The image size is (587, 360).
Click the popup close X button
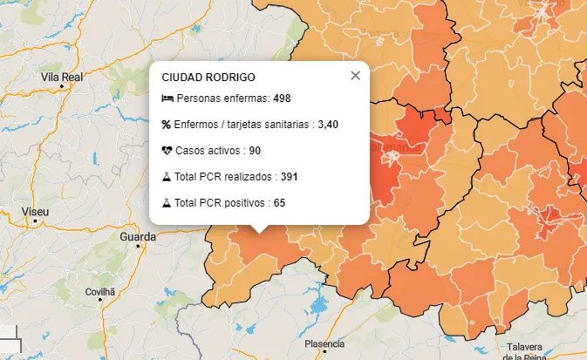click(355, 76)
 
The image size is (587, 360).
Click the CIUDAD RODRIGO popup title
click(208, 78)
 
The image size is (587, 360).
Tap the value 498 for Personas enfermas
click(282, 98)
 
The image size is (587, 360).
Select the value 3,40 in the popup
click(328, 125)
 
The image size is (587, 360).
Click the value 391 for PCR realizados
click(290, 177)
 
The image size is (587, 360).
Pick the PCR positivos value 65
click(279, 203)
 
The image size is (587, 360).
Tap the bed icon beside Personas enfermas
click(167, 98)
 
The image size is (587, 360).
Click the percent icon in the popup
click(167, 125)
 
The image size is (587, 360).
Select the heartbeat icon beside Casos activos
click(167, 151)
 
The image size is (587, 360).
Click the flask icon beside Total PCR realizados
click(167, 177)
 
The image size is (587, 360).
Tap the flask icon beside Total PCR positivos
click(167, 203)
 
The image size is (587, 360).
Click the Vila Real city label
click(61, 78)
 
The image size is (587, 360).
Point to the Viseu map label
click(36, 212)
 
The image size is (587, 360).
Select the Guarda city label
click(138, 236)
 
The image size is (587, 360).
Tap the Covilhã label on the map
click(100, 291)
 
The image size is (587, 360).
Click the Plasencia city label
click(324, 343)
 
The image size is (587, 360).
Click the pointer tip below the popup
click(259, 232)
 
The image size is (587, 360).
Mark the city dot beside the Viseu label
click(36, 221)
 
